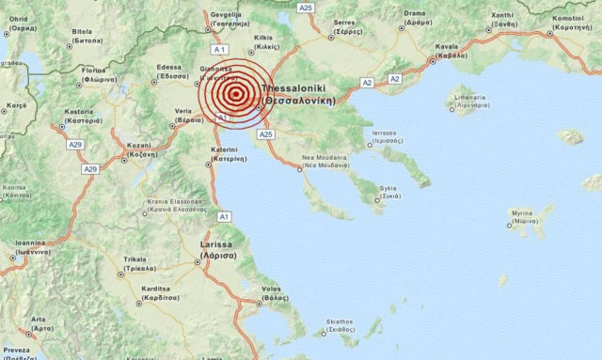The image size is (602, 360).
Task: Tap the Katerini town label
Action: (x=229, y=154)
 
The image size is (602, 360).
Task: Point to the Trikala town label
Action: (x=133, y=264)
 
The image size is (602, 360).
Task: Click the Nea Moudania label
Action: (x=319, y=160)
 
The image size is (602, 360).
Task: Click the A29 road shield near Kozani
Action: (x=90, y=168)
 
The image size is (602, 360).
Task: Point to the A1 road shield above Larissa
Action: (x=224, y=216)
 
